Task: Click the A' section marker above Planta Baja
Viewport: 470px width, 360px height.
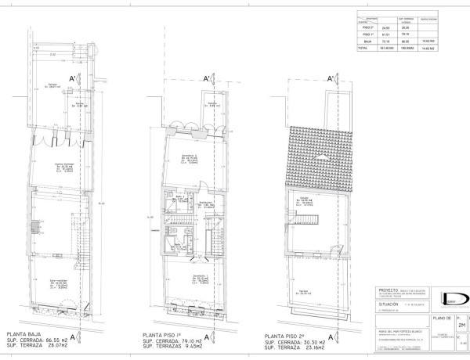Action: click(73, 78)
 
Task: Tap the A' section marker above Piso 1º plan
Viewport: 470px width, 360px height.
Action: click(207, 78)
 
